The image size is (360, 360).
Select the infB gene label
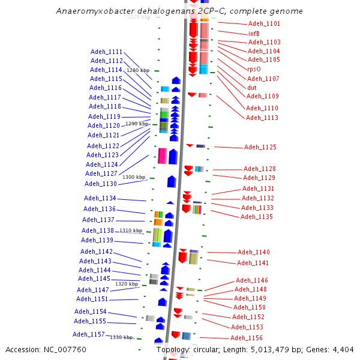254,34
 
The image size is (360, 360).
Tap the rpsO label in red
254,69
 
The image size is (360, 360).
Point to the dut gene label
252,88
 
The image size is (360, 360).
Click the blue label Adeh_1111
106,52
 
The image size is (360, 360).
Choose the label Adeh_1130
101,184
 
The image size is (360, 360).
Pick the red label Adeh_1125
260,148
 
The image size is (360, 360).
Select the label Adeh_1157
89,335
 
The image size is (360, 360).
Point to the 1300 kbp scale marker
134,177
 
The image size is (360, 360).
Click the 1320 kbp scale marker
127,284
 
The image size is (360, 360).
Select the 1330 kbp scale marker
121,337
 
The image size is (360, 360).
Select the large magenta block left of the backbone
162,156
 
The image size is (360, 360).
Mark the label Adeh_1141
253,263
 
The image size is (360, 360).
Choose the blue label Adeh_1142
96,252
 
